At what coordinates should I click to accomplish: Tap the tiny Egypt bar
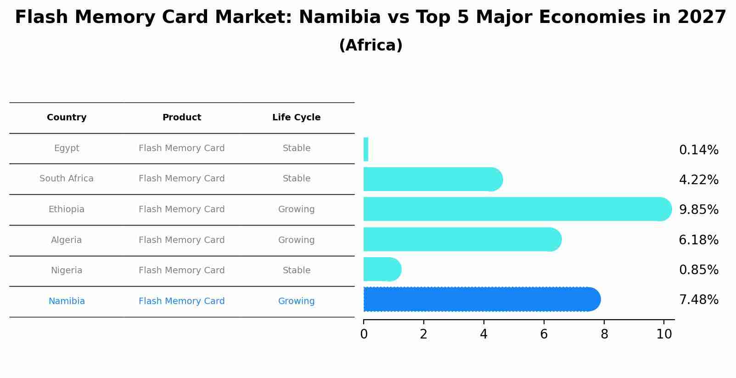366,149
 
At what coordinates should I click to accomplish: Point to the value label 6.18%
698,240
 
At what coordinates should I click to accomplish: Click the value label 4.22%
698,180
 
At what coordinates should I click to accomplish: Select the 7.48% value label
698,300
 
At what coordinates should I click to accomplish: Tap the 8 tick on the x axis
604,334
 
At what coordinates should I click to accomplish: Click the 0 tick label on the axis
364,334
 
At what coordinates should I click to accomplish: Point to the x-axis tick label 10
664,334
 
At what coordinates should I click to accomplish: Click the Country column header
67,118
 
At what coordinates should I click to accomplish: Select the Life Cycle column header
296,118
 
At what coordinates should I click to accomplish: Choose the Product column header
182,118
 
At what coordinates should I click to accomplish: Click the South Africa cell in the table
67,179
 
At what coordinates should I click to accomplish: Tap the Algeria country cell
67,240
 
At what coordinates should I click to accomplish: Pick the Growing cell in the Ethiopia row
296,209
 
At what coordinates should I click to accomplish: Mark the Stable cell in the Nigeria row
296,271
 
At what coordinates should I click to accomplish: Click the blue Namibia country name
67,301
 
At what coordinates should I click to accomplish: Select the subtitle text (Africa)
371,45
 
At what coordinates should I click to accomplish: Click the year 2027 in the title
701,17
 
